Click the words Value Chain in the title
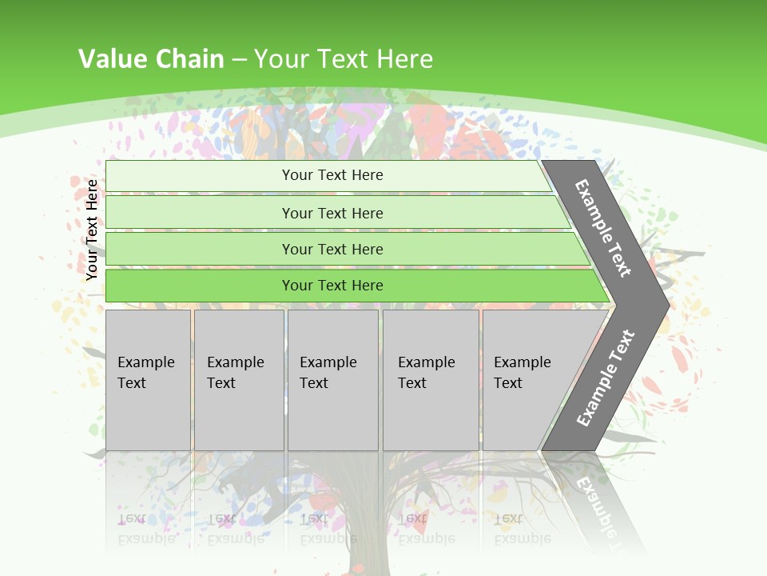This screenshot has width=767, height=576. tap(151, 59)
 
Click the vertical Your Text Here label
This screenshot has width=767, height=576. tap(92, 230)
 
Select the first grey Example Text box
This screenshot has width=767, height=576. tap(148, 380)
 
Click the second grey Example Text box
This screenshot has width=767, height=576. tap(238, 380)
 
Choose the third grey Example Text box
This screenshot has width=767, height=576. tap(332, 380)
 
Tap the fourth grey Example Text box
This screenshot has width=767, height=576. tap(430, 380)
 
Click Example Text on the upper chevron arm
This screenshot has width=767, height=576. tap(603, 228)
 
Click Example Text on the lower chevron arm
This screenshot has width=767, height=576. tap(605, 378)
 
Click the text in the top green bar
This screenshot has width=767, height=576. tap(332, 175)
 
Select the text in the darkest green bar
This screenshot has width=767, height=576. tap(332, 286)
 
